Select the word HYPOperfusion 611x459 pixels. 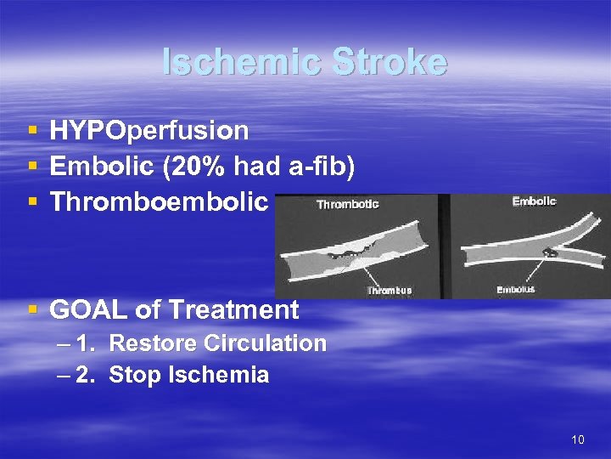click(x=149, y=131)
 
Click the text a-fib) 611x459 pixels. click(x=321, y=167)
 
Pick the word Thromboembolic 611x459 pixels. click(x=160, y=202)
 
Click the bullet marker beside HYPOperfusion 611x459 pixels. click(x=32, y=132)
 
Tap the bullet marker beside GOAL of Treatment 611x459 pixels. click(x=32, y=310)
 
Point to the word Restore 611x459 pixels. click(x=150, y=343)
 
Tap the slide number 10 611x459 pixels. click(x=578, y=439)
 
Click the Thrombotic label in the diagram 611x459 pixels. click(x=347, y=204)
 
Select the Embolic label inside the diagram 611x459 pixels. click(x=535, y=201)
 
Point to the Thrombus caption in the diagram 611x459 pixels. click(x=389, y=291)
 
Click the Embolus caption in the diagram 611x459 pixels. click(x=515, y=291)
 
